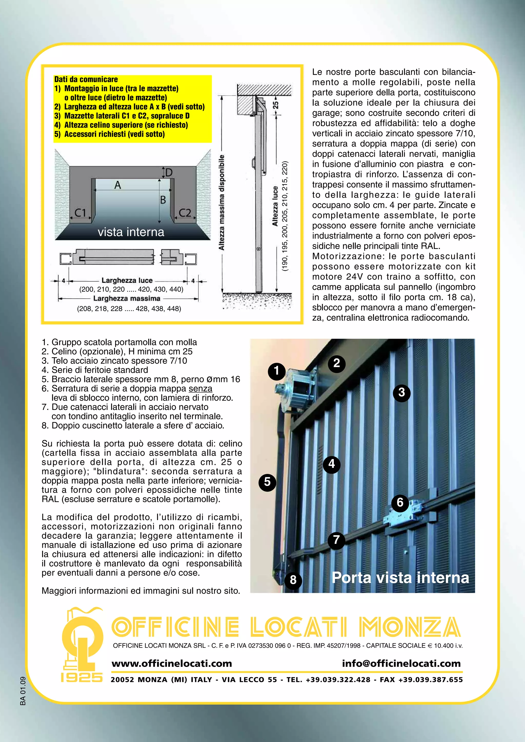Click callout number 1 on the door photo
[276, 371]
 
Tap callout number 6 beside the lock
[400, 502]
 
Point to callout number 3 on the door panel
[401, 393]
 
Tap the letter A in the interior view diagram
[118, 185]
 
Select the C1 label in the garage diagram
[80, 213]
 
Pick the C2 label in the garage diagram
[185, 213]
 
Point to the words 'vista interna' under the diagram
[131, 232]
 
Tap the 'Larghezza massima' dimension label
[127, 298]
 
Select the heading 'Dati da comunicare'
[86, 79]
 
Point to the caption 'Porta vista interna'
[400, 578]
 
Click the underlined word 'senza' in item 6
[200, 388]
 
